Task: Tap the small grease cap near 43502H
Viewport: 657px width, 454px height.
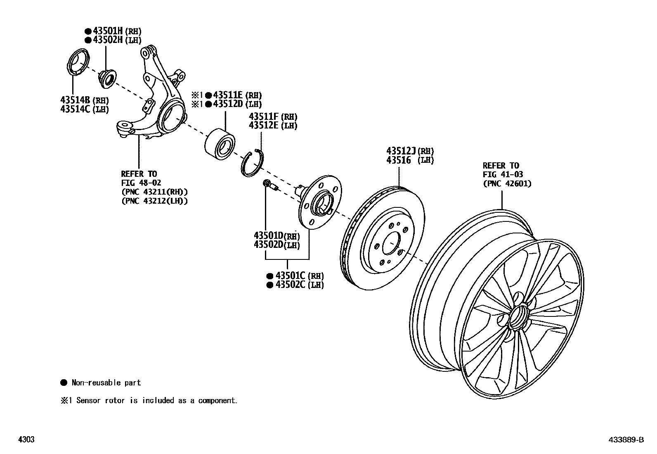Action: pos(107,78)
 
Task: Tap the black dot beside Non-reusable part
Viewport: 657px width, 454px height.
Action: pos(64,383)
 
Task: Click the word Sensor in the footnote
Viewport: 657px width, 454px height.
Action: pos(89,400)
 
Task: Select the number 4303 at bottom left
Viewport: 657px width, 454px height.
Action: pos(26,440)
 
